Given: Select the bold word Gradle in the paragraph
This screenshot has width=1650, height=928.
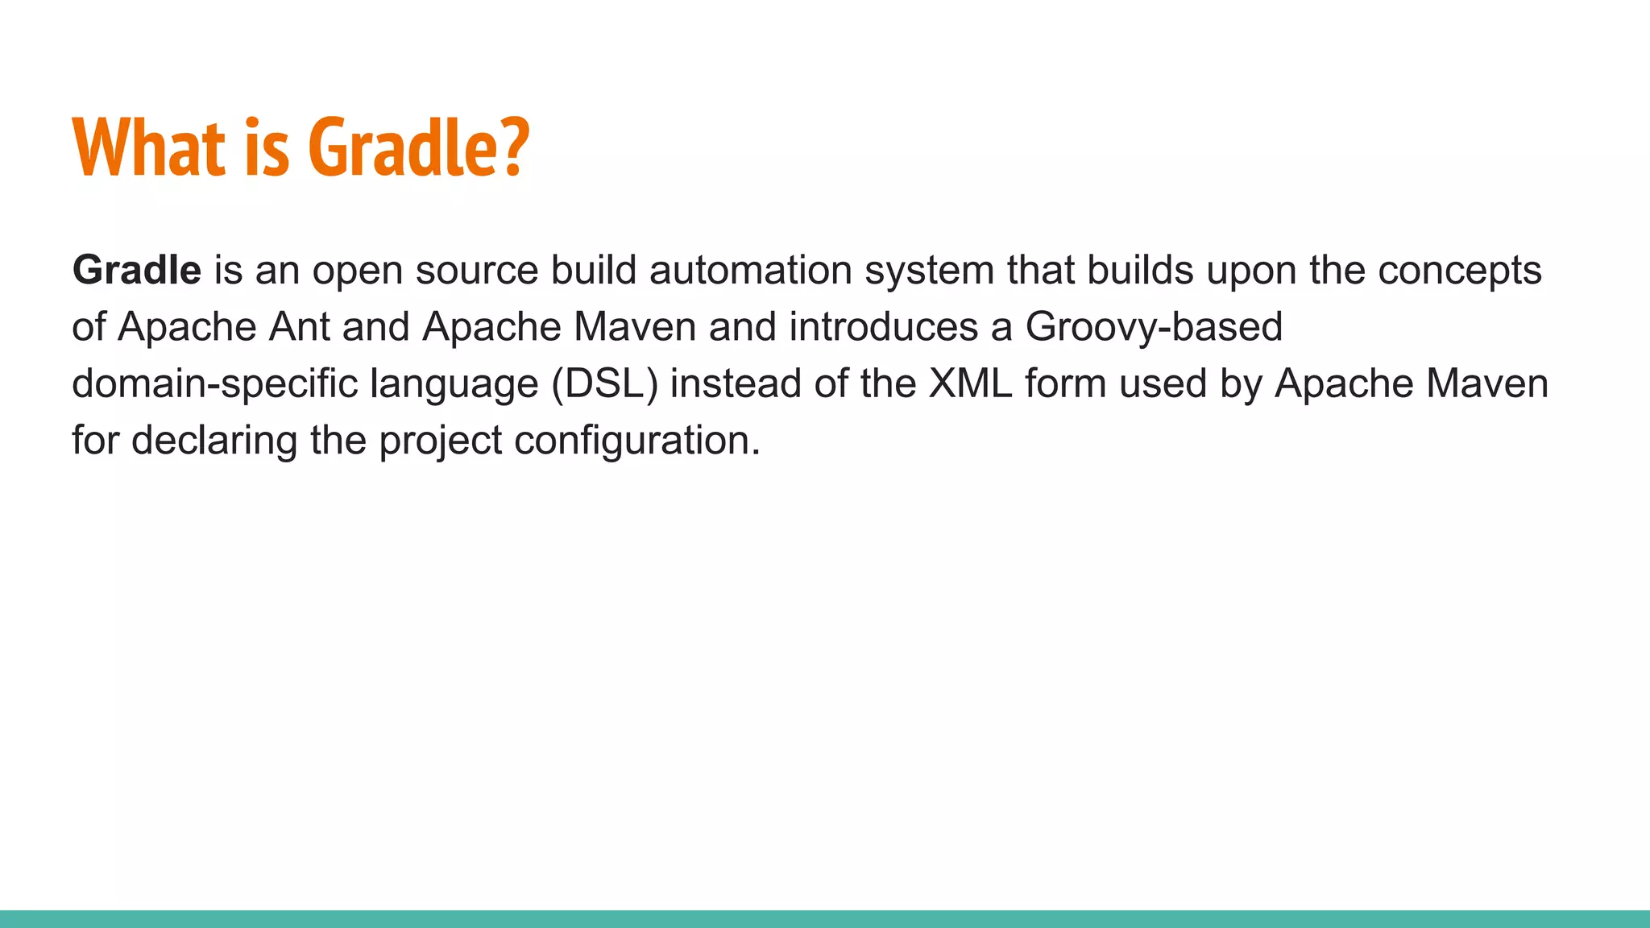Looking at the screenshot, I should click(136, 270).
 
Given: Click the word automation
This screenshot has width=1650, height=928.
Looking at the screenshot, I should click(750, 270).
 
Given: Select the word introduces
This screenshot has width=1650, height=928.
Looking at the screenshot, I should click(883, 327).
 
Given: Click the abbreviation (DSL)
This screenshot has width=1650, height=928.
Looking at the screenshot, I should click(604, 384).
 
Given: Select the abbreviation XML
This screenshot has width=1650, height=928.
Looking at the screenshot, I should click(970, 383).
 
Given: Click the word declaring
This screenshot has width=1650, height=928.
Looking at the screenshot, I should click(214, 441).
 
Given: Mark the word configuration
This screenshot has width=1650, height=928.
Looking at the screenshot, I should click(636, 441).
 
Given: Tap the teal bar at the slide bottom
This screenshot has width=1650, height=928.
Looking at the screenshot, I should click(825, 918).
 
